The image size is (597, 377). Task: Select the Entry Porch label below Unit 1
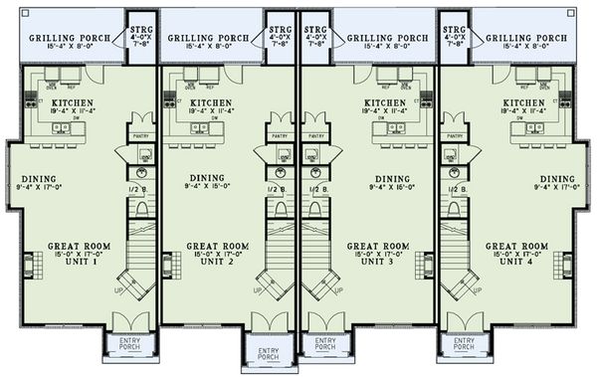[x=129, y=344]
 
